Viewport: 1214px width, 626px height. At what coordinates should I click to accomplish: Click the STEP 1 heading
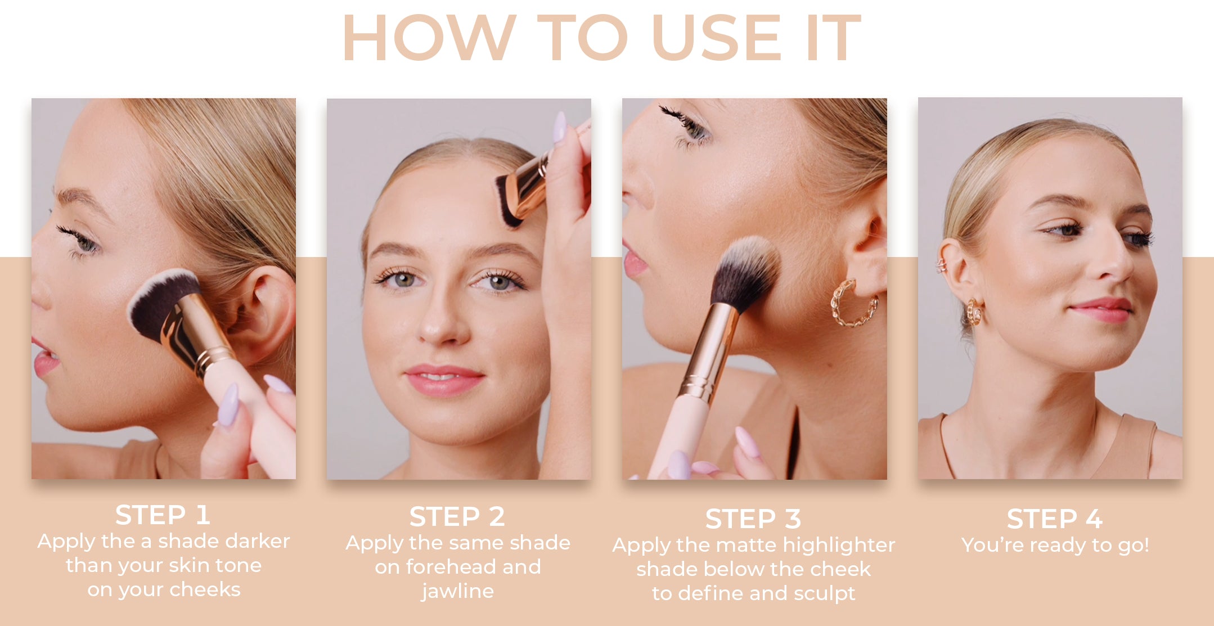(163, 515)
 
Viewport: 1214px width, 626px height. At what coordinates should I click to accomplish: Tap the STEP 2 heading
(457, 517)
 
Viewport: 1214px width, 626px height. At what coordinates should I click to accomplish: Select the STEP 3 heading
(753, 519)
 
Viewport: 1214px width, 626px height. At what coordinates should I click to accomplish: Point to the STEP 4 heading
(1055, 519)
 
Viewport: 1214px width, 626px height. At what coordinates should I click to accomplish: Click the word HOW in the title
(429, 38)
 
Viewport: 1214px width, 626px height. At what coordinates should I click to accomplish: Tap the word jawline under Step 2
(457, 592)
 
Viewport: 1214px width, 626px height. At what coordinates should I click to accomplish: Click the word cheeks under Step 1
(205, 589)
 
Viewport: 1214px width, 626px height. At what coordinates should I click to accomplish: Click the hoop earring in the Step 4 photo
(974, 312)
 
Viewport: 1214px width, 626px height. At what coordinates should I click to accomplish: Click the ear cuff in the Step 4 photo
(941, 264)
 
